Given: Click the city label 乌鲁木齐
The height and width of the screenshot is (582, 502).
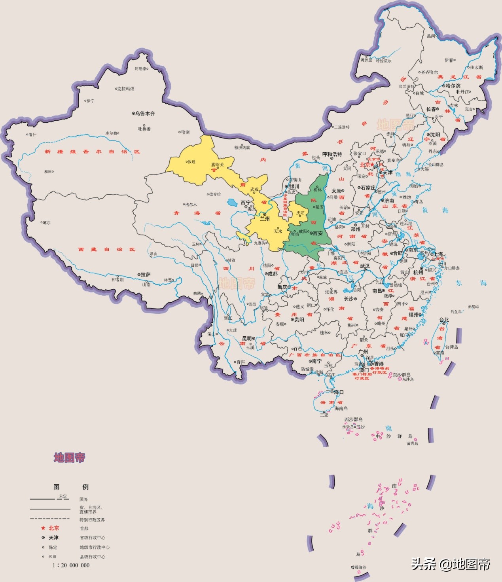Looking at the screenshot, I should pyautogui.click(x=145, y=114).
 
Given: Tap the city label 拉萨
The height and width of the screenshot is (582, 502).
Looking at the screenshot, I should pyautogui.click(x=146, y=275).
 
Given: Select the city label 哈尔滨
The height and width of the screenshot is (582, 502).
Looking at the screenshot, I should pyautogui.click(x=453, y=86).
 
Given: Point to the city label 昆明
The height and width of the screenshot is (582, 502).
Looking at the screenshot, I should pyautogui.click(x=247, y=339).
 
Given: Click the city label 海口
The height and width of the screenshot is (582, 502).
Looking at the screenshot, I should pyautogui.click(x=339, y=392).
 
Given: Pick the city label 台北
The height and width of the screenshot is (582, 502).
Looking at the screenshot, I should pyautogui.click(x=444, y=320).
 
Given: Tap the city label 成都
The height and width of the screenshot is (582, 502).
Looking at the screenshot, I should pyautogui.click(x=273, y=274).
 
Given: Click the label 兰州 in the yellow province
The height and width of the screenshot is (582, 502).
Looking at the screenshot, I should pyautogui.click(x=265, y=219).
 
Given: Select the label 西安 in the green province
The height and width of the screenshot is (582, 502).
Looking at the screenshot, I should pyautogui.click(x=318, y=233).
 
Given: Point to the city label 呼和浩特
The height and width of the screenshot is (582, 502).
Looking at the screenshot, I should pyautogui.click(x=332, y=154).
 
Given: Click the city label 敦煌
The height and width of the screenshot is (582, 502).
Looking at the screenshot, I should pyautogui.click(x=191, y=162).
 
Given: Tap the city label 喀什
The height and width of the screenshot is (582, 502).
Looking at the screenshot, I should pyautogui.click(x=32, y=135).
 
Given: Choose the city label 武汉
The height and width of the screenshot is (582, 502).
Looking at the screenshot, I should pyautogui.click(x=365, y=266).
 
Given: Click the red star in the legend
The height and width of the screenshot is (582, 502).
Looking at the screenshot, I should pyautogui.click(x=43, y=528).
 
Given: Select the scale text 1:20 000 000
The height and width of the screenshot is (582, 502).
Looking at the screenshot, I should pyautogui.click(x=71, y=565).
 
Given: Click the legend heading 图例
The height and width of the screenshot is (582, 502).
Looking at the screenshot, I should pyautogui.click(x=71, y=487).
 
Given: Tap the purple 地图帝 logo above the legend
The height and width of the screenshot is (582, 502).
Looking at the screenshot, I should pyautogui.click(x=70, y=458).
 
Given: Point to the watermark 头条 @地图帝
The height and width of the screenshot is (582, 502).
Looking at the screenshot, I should pyautogui.click(x=451, y=564).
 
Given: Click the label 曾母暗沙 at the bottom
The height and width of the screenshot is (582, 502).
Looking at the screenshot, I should pyautogui.click(x=358, y=567).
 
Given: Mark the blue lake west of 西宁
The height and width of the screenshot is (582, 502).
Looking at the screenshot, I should pyautogui.click(x=231, y=203).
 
